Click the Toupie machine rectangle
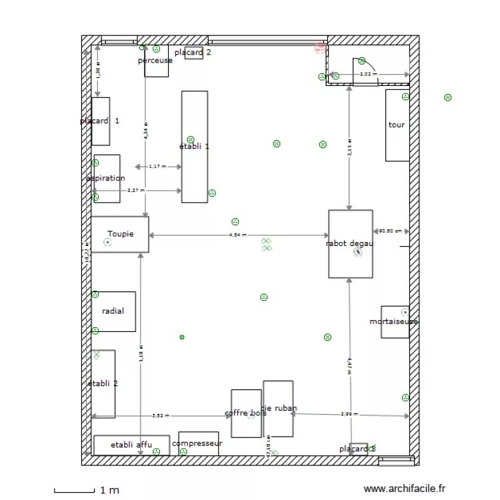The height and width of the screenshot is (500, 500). pyautogui.click(x=120, y=235)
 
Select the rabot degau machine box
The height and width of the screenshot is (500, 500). pyautogui.click(x=350, y=244)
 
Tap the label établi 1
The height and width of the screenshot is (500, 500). pyautogui.click(x=194, y=146)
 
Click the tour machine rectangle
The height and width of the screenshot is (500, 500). pyautogui.click(x=397, y=125)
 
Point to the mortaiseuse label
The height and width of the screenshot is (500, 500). pyautogui.click(x=393, y=321)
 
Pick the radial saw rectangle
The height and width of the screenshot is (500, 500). pyautogui.click(x=113, y=311)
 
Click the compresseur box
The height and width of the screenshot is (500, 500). pyautogui.click(x=197, y=443)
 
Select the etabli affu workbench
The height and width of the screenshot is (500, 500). pyautogui.click(x=131, y=445)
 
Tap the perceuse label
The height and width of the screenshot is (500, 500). pyautogui.click(x=155, y=61)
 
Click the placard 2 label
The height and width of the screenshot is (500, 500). pyautogui.click(x=193, y=52)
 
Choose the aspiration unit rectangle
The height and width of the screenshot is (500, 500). pyautogui.click(x=107, y=179)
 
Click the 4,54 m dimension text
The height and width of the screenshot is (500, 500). pyautogui.click(x=238, y=235)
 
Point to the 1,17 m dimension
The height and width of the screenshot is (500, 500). pyautogui.click(x=158, y=167)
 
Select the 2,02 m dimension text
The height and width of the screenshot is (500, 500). pyautogui.click(x=367, y=75)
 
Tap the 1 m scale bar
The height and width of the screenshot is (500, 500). pyautogui.click(x=75, y=491)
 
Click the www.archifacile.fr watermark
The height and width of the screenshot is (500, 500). pyautogui.click(x=405, y=489)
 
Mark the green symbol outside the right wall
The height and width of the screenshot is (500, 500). pyautogui.click(x=448, y=97)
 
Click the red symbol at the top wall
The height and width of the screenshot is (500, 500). pyautogui.click(x=320, y=47)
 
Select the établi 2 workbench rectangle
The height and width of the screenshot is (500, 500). pyautogui.click(x=103, y=384)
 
